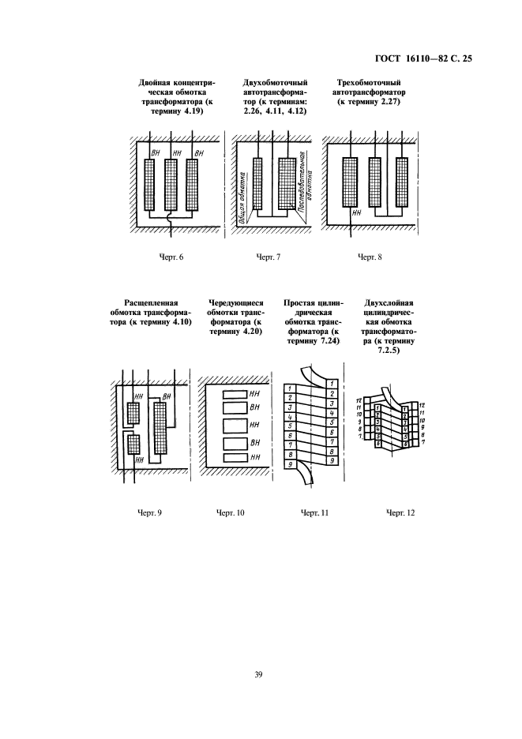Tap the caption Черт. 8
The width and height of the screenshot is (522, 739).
(x=370, y=257)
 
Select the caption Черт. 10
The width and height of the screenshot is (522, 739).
(x=231, y=513)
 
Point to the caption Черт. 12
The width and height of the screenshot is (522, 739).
(x=400, y=513)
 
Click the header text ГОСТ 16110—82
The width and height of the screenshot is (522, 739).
(x=410, y=58)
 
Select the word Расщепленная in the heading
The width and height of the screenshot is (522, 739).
(x=152, y=302)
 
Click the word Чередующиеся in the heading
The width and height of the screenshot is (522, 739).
(x=235, y=302)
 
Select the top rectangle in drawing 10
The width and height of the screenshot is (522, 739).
(x=235, y=393)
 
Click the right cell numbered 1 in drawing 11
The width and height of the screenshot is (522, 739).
(x=332, y=383)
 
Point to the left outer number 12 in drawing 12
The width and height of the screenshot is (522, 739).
(x=359, y=402)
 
